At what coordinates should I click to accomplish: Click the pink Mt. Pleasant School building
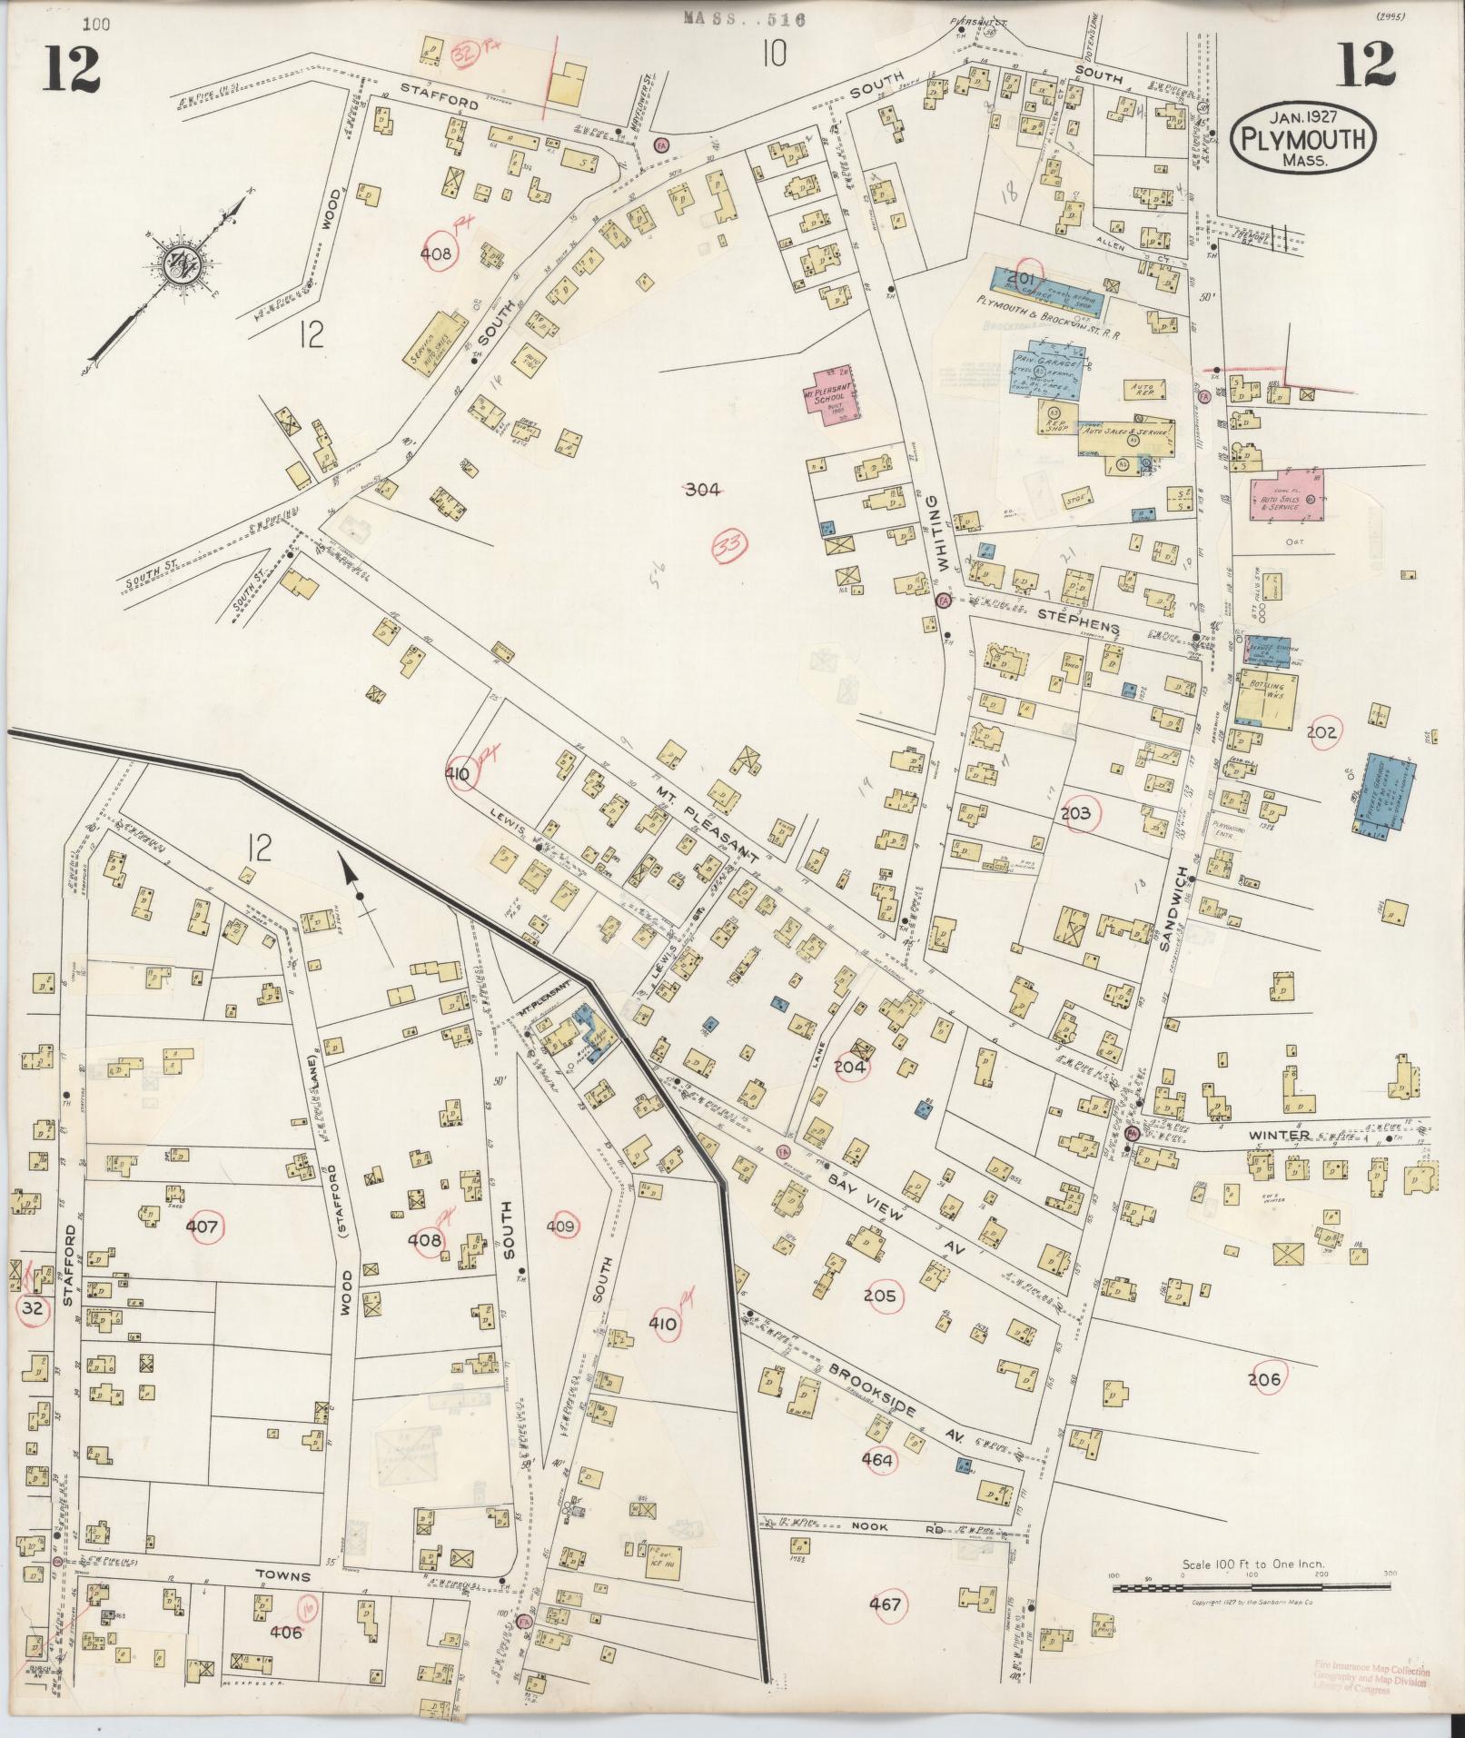click(x=834, y=392)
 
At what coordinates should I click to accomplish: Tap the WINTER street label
click(x=1278, y=1135)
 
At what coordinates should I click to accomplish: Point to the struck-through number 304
click(x=702, y=490)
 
